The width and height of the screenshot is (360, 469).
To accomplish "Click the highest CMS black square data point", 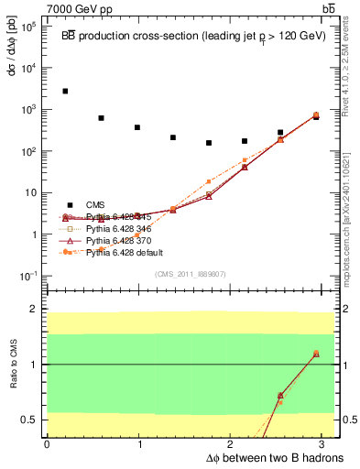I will pyautogui.click(x=65, y=91).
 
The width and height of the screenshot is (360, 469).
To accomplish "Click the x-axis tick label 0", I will pyautogui.click(x=47, y=444).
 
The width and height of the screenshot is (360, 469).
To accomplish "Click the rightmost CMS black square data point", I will pyautogui.click(x=316, y=116).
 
